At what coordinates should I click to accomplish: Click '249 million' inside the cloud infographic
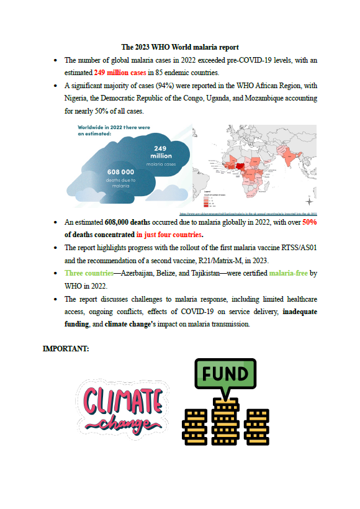(161, 152)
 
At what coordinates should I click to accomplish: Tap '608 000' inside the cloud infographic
(120, 172)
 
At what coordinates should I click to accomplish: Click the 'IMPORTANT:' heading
(65, 349)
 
